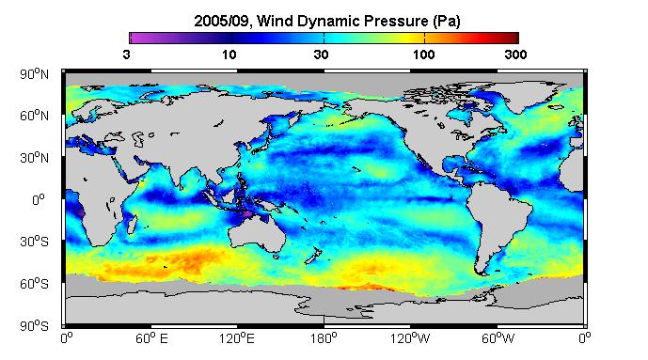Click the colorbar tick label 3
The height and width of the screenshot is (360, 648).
point(126,55)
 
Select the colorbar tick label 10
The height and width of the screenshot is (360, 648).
point(229,55)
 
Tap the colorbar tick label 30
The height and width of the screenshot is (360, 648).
point(321,55)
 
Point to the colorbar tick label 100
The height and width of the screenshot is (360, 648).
point(424,55)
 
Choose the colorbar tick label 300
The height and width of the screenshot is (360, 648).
point(515,55)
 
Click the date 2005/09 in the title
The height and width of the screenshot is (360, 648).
point(222,21)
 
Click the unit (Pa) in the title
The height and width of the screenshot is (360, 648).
point(447,21)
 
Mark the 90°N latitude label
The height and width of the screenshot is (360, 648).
point(34,74)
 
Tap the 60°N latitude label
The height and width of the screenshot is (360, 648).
point(34,116)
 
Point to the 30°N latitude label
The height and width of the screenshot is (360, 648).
point(34,158)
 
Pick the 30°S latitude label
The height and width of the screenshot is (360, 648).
point(34,242)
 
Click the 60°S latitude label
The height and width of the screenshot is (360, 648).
point(34,284)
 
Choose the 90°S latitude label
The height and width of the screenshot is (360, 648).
point(34,326)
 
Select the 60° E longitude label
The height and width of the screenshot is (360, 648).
point(151,338)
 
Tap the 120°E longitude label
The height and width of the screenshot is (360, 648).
point(237,338)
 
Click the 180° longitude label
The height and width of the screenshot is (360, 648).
point(324,338)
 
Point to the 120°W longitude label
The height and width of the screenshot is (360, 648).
point(410,338)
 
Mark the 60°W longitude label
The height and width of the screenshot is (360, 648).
point(498,338)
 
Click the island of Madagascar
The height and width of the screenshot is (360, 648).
point(133,223)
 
